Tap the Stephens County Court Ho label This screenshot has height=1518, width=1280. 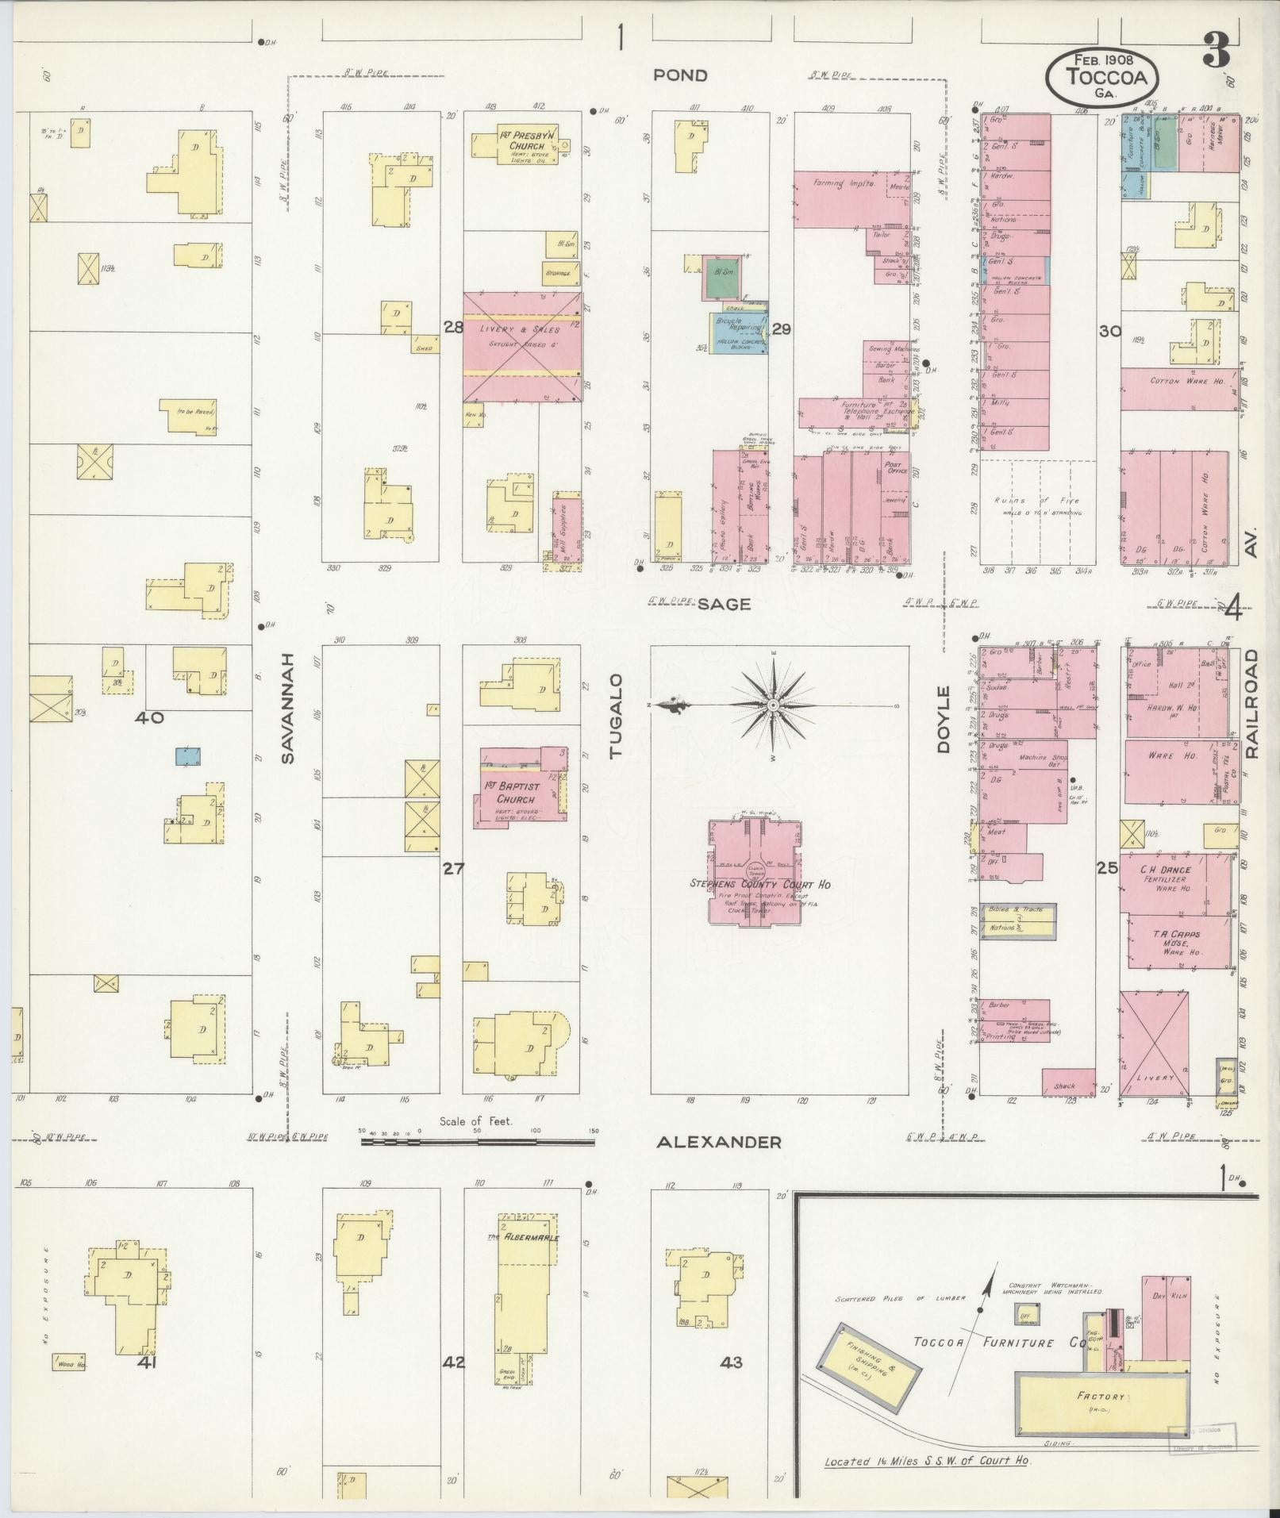[x=759, y=884]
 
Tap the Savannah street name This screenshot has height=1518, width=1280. [x=287, y=709]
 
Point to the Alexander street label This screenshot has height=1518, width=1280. [x=718, y=1143]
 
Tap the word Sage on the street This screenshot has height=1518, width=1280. [x=724, y=605]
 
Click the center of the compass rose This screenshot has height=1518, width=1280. [x=772, y=705]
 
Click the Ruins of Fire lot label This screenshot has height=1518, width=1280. [x=1039, y=501]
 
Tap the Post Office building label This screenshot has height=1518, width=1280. [x=895, y=468]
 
